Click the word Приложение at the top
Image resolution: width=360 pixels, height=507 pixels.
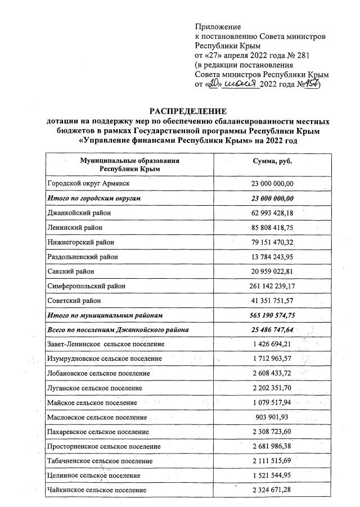[x=217, y=26]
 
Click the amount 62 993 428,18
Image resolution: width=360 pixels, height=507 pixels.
[x=273, y=213]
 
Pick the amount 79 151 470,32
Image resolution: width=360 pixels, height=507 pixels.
[x=273, y=242]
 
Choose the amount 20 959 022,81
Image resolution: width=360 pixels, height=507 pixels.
[x=273, y=271]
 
